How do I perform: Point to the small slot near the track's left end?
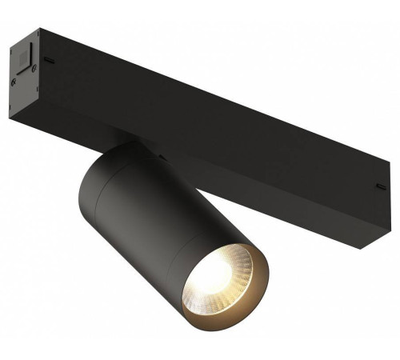[x=50, y=60]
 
